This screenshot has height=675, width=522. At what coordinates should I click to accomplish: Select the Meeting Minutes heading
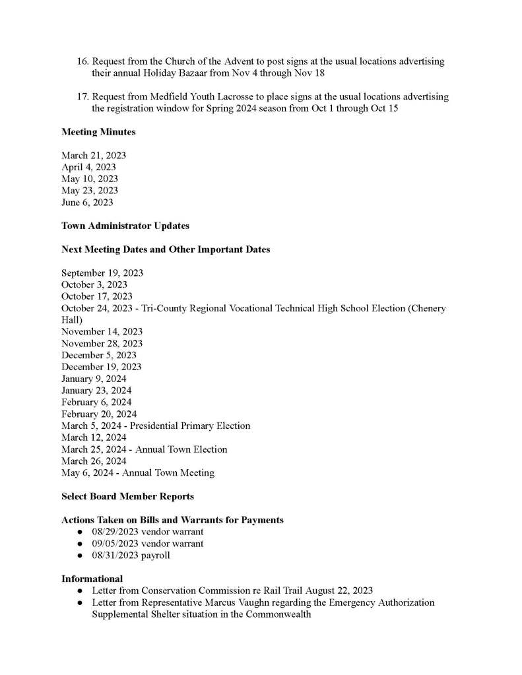(x=98, y=132)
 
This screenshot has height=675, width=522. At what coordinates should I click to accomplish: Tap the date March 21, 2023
(x=94, y=155)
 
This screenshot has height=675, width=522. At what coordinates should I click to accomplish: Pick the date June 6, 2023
(x=87, y=203)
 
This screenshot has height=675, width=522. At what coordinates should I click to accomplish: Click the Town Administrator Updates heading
(x=125, y=226)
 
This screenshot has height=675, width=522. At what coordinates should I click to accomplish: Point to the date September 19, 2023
(x=102, y=273)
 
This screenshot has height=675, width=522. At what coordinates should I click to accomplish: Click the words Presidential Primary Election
(x=190, y=426)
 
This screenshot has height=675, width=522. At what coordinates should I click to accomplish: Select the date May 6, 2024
(x=88, y=472)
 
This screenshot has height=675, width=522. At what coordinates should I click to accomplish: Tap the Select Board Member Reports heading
(x=127, y=496)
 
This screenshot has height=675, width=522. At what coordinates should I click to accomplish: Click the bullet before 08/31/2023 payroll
(x=79, y=556)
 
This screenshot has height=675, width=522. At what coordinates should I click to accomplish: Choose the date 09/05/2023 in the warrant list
(x=115, y=544)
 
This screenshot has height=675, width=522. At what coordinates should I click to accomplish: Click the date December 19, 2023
(x=102, y=367)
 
